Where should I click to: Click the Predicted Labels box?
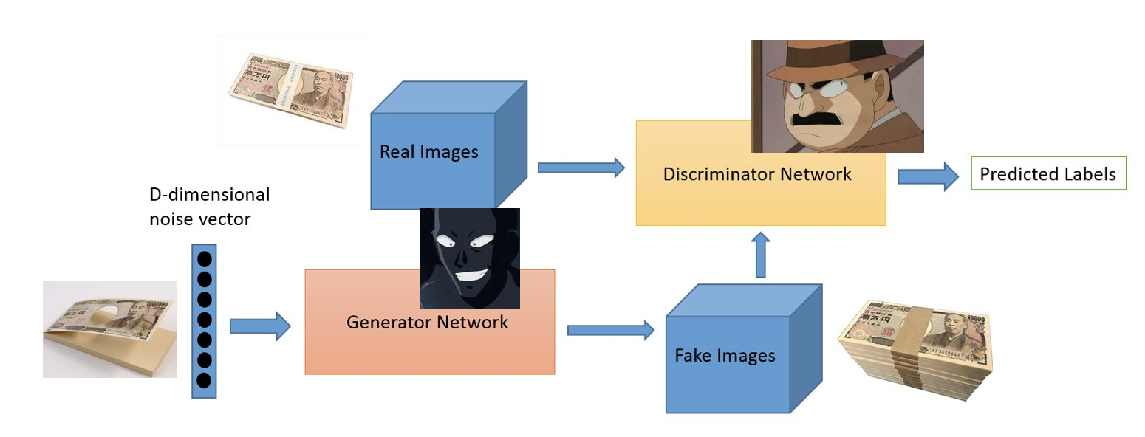(x=1047, y=174)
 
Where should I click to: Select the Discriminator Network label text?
(x=757, y=175)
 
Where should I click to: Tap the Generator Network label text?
(x=427, y=323)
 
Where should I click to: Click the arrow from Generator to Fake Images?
(x=610, y=329)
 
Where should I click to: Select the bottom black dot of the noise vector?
(x=205, y=380)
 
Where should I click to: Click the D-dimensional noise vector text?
(x=209, y=207)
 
